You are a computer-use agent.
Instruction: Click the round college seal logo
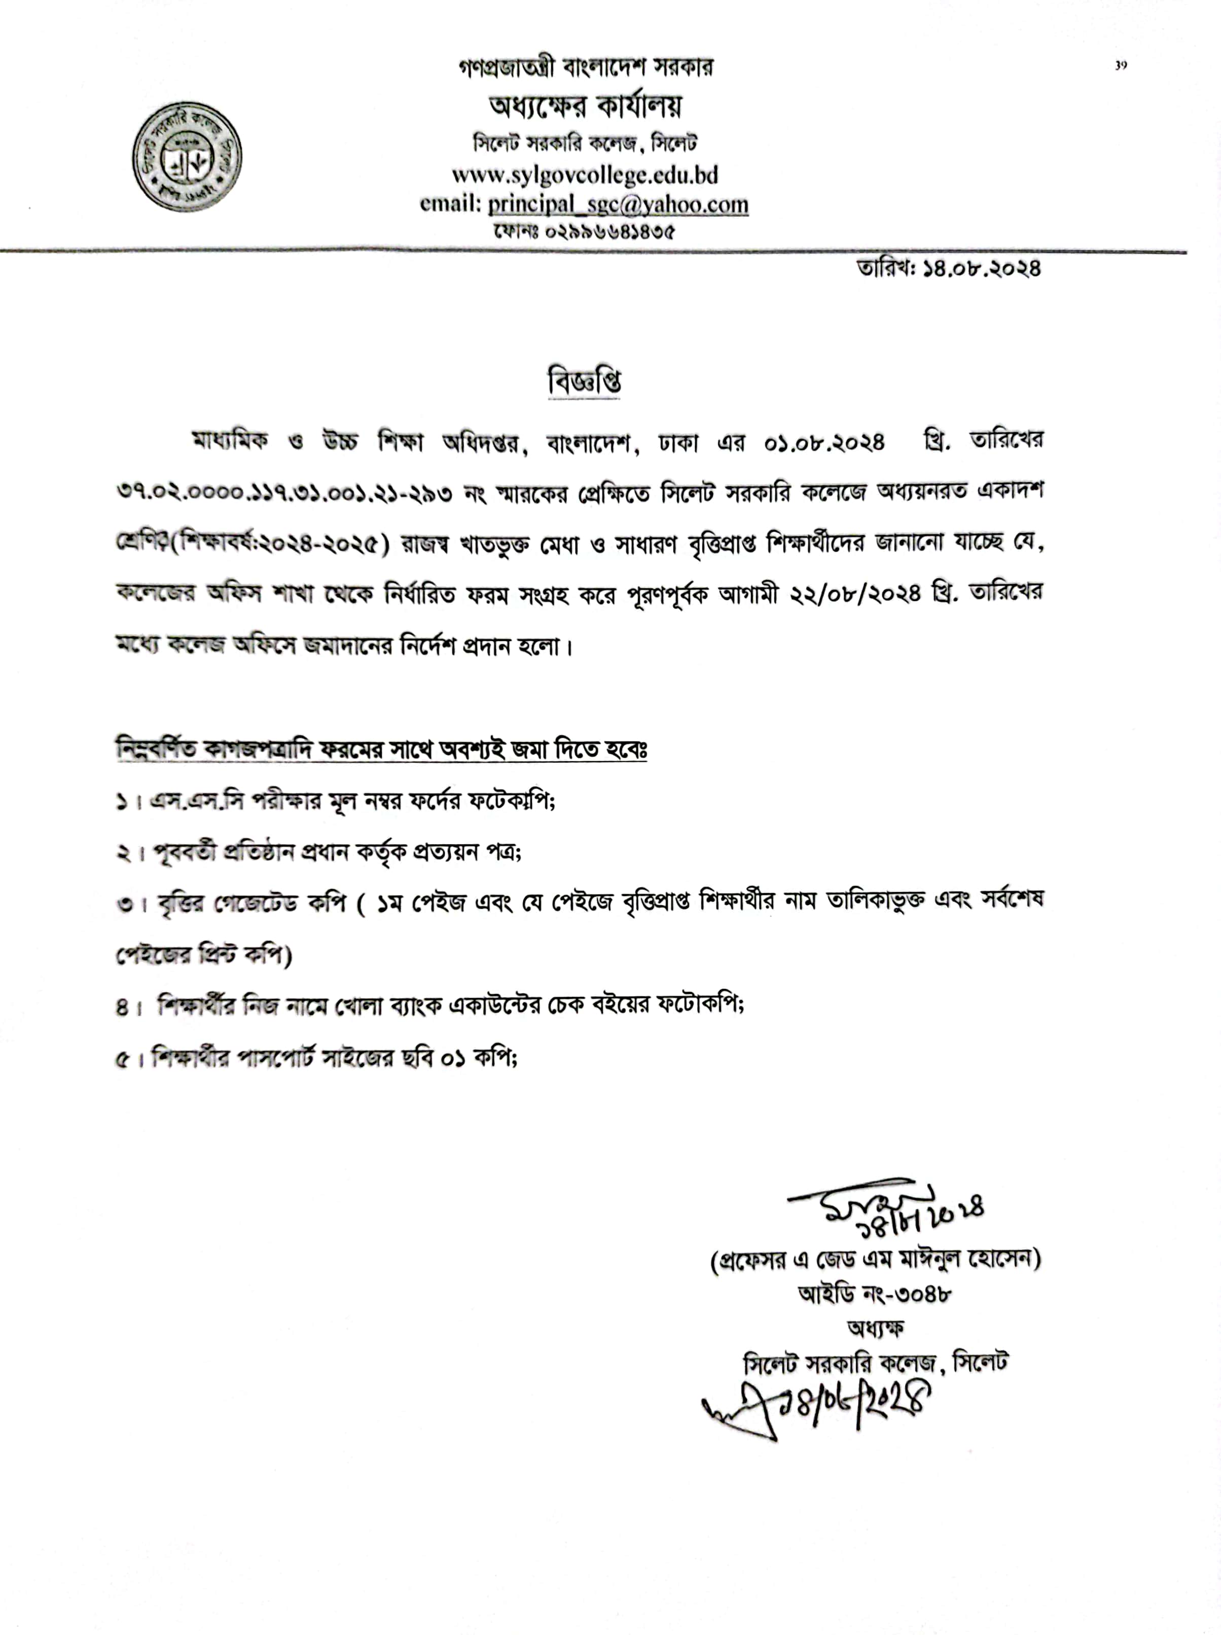point(187,157)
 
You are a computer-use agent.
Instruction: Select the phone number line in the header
point(584,231)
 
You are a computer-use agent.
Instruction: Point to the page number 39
point(1121,66)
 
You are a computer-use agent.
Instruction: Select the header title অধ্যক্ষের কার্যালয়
point(585,106)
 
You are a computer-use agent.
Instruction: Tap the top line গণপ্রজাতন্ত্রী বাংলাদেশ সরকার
point(585,68)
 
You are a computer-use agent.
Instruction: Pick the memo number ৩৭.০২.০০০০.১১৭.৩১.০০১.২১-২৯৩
point(284,493)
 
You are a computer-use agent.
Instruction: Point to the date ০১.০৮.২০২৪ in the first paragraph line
point(824,443)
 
